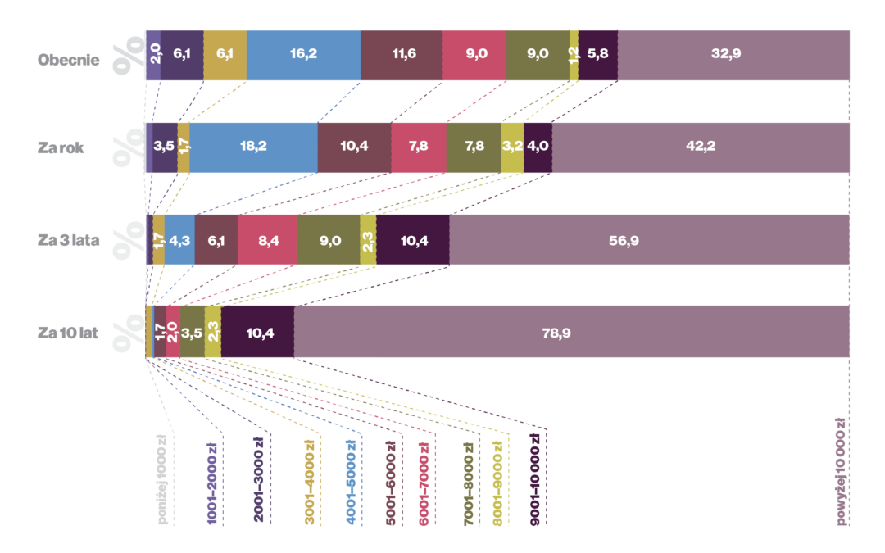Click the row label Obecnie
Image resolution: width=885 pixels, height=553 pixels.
pyautogui.click(x=69, y=60)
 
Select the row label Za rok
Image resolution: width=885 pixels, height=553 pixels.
pyautogui.click(x=61, y=148)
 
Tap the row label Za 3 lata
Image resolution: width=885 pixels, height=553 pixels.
pyautogui.click(x=69, y=240)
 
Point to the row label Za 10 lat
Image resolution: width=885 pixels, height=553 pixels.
pyautogui.click(x=67, y=333)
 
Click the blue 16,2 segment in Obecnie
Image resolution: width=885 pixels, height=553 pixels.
pyautogui.click(x=303, y=56)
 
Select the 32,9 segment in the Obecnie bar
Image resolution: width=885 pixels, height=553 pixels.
pyautogui.click(x=733, y=56)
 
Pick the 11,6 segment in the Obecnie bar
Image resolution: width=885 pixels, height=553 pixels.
pyautogui.click(x=402, y=56)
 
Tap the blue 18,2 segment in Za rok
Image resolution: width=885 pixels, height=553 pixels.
pyautogui.click(x=253, y=147)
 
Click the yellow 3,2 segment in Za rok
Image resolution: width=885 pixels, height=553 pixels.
pyautogui.click(x=512, y=147)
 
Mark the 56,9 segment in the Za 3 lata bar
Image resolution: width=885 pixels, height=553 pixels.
pyautogui.click(x=649, y=240)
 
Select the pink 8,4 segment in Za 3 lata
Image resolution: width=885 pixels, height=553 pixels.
pyautogui.click(x=267, y=240)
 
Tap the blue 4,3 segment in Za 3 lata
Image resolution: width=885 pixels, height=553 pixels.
pyautogui.click(x=179, y=240)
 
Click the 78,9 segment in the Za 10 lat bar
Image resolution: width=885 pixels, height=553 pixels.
pyautogui.click(x=571, y=332)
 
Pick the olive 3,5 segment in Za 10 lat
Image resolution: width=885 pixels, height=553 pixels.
pyautogui.click(x=192, y=332)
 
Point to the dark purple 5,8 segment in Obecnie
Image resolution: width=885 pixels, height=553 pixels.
pyautogui.click(x=598, y=56)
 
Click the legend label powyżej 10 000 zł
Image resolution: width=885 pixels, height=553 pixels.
pyautogui.click(x=840, y=471)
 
